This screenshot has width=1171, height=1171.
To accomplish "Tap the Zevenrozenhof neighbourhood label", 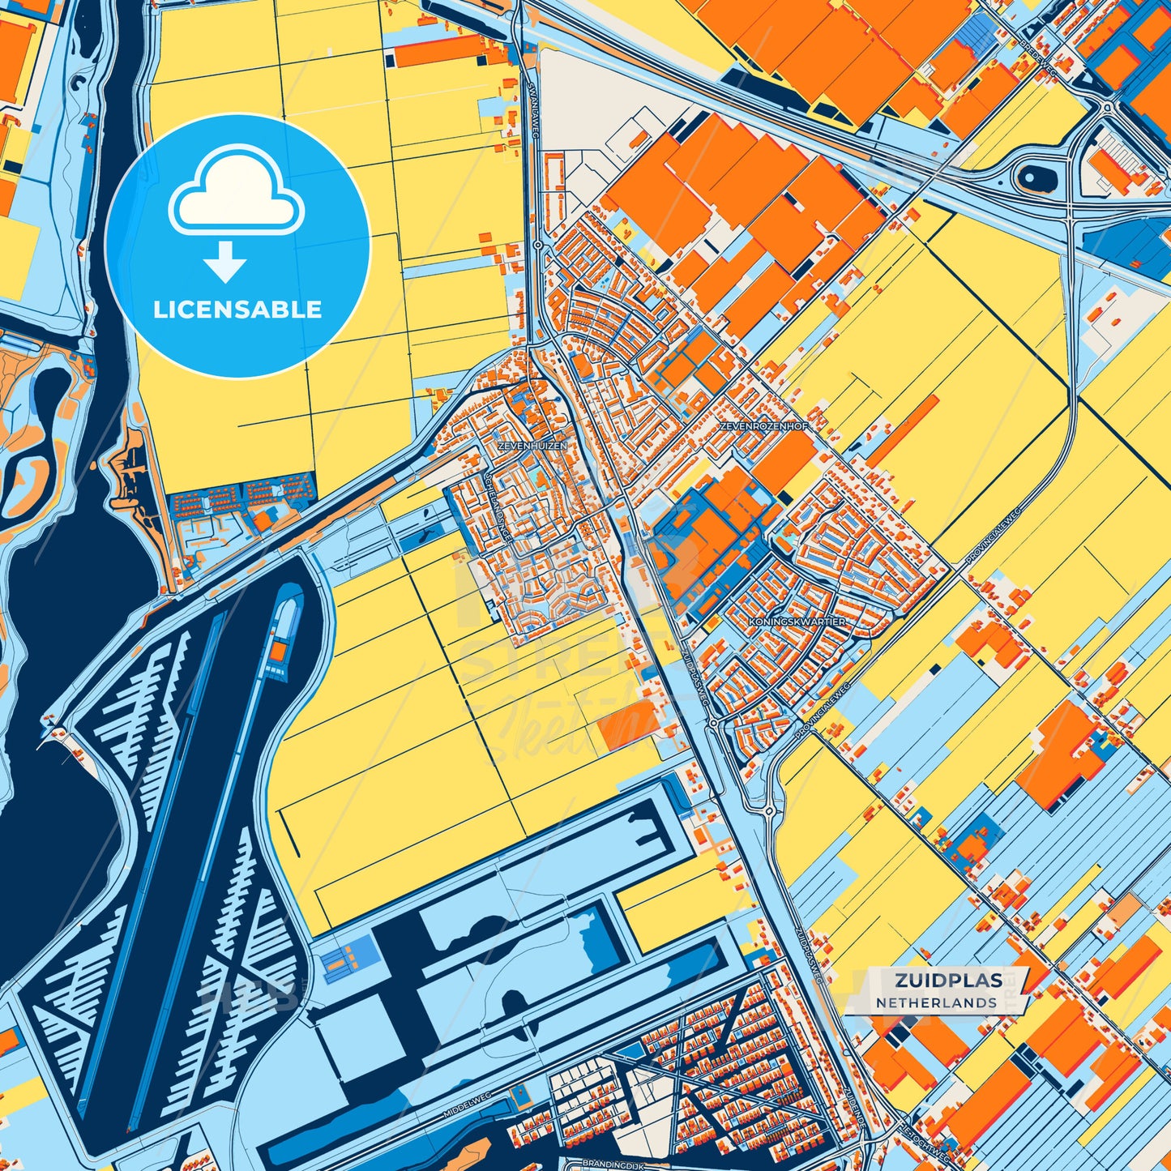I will [x=754, y=425].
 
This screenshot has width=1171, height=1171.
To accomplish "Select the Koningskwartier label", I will [x=797, y=622].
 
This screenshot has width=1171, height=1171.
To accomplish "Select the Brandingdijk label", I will [x=612, y=1165].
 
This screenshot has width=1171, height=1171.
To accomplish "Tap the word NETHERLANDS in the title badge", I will [x=936, y=1002].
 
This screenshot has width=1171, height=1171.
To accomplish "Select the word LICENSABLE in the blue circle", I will [x=237, y=310].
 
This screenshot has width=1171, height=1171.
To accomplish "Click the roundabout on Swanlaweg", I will [x=538, y=244].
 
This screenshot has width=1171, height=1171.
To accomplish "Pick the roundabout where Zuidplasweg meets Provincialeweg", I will [x=712, y=721].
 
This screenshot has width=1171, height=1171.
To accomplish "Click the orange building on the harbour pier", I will [x=278, y=650].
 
